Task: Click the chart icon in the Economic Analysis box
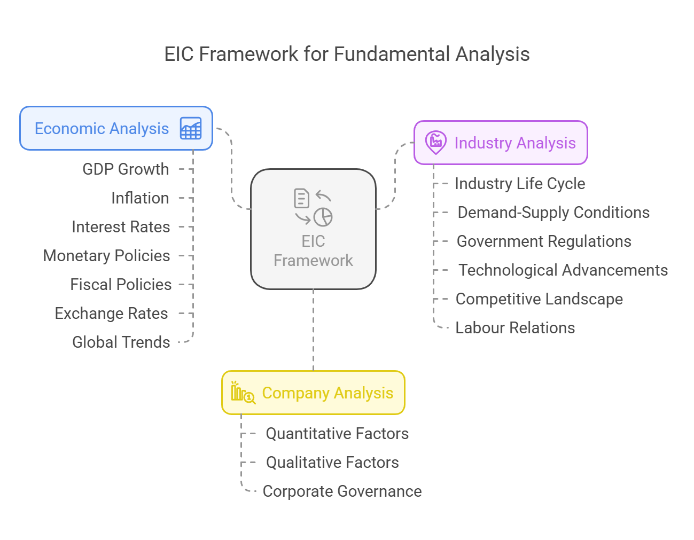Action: click(x=191, y=128)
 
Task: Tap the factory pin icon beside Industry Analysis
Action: click(x=435, y=142)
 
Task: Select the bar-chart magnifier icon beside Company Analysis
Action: click(x=243, y=393)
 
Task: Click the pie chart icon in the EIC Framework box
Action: click(x=323, y=217)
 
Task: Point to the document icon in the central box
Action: click(x=301, y=198)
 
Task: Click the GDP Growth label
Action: click(x=126, y=169)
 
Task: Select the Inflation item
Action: click(x=140, y=198)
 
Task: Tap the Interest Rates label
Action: click(x=121, y=227)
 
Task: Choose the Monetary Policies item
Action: click(x=106, y=256)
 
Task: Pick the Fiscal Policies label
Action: click(x=121, y=284)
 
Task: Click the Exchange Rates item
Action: click(x=111, y=314)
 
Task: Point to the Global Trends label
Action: click(x=121, y=342)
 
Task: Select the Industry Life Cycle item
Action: click(x=520, y=184)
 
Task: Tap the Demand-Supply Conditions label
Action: click(x=553, y=213)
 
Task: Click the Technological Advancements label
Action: click(x=563, y=270)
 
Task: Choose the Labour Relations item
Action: click(x=515, y=328)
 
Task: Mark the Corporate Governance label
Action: click(x=342, y=491)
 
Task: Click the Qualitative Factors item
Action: click(x=332, y=463)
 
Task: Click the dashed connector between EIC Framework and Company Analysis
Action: click(x=313, y=330)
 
